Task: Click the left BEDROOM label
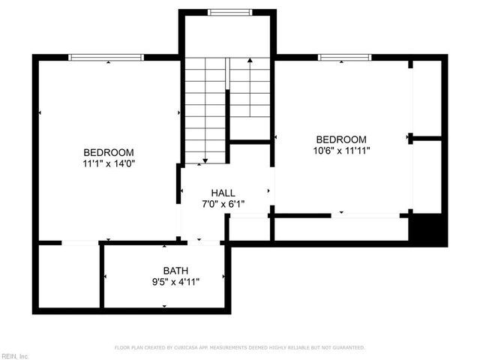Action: coord(109,151)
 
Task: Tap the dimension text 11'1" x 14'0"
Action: coord(109,162)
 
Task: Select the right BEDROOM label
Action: coord(341,139)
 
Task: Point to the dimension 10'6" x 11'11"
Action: coord(341,151)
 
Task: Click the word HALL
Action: coord(223,193)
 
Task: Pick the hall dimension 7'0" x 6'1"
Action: coord(223,204)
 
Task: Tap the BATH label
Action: coord(176,271)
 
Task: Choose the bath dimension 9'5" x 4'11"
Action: coord(176,282)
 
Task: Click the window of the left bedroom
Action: coord(106,57)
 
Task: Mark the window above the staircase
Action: coord(229,12)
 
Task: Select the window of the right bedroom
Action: coord(344,57)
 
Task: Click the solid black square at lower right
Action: coord(428,229)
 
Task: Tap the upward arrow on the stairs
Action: coord(250,60)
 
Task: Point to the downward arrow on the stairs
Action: coord(203,160)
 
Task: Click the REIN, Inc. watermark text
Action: coord(15,355)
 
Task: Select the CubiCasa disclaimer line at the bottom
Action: coord(240,348)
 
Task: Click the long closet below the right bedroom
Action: coord(341,228)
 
